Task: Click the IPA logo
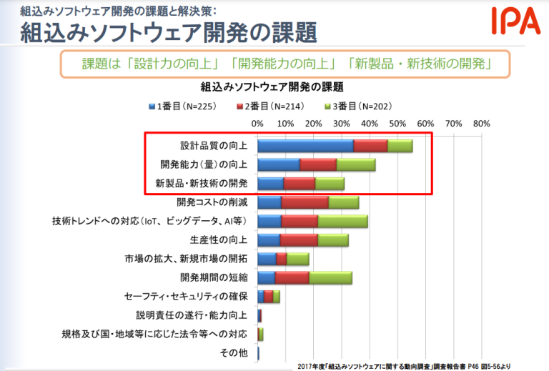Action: click(515, 21)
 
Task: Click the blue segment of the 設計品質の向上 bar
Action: click(305, 147)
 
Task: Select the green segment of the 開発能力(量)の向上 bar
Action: click(356, 165)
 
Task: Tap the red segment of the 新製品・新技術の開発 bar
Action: click(300, 184)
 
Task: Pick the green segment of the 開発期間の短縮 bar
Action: click(331, 277)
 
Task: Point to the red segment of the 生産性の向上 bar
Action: click(299, 239)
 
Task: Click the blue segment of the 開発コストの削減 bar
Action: click(269, 202)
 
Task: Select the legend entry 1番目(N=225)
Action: click(182, 107)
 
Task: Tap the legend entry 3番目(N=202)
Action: click(357, 107)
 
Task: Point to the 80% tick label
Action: click(481, 124)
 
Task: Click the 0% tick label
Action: click(258, 124)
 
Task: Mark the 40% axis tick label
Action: click(370, 124)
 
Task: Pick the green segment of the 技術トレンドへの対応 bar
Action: click(342, 221)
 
